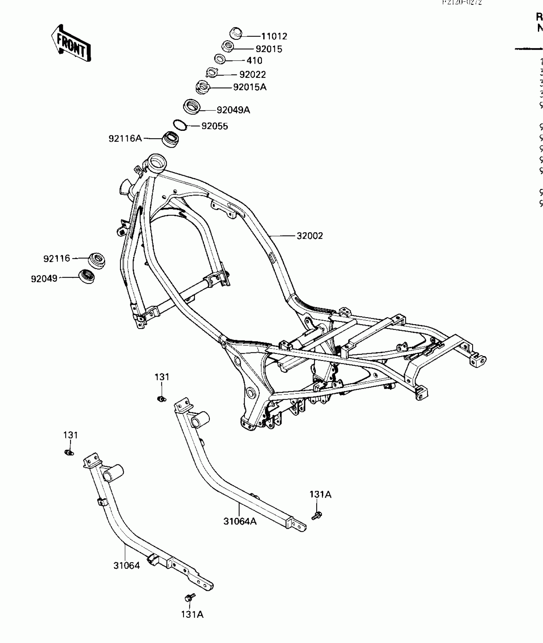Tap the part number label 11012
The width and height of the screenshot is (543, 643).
[274, 36]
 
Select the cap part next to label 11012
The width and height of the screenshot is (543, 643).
[236, 33]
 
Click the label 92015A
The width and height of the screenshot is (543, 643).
[249, 87]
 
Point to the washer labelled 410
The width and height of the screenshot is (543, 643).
[220, 59]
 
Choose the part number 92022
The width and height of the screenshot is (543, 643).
[252, 75]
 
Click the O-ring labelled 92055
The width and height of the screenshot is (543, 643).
[180, 125]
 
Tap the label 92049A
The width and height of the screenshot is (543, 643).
[233, 110]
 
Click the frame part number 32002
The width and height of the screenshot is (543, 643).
[310, 236]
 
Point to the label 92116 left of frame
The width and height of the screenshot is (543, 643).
[57, 258]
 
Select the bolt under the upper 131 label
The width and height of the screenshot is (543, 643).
[162, 399]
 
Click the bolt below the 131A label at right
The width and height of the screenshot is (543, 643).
[317, 515]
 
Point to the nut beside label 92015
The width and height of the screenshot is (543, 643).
[227, 47]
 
